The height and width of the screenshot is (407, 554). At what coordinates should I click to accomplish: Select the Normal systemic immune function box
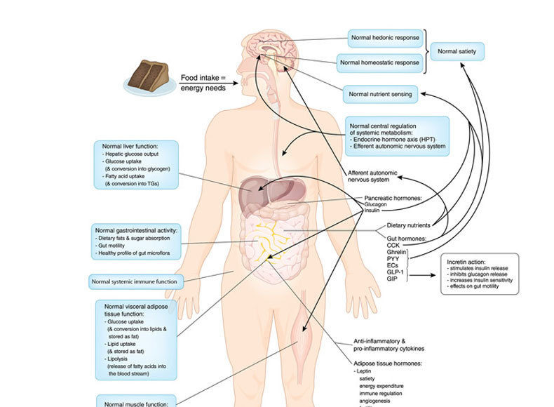[x=134, y=282]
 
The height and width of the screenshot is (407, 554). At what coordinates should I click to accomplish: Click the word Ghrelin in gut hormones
[x=397, y=251]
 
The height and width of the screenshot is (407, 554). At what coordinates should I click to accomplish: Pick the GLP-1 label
[x=396, y=272]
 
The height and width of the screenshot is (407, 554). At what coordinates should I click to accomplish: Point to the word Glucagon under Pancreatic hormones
[x=377, y=204]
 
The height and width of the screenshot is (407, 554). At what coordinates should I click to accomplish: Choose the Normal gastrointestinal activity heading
[x=136, y=229]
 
